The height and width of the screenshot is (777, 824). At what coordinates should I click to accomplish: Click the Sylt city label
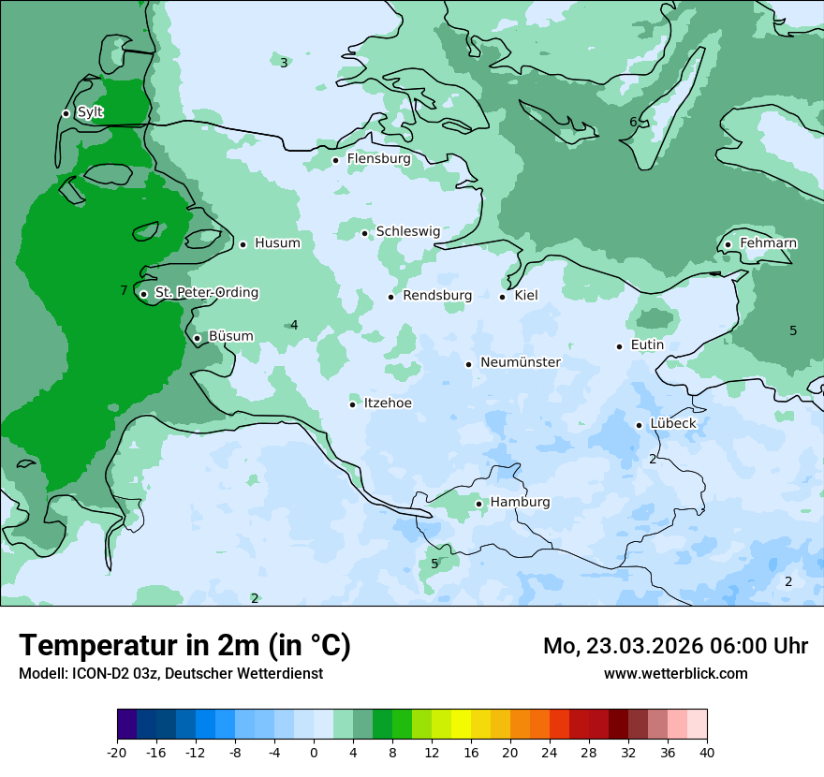[90, 112]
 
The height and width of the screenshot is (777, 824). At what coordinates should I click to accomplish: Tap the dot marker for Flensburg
[335, 160]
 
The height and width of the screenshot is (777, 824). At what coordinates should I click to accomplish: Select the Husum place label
[277, 243]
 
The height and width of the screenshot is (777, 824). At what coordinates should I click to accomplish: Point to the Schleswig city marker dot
[365, 233]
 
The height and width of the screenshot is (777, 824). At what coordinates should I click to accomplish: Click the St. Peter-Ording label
[206, 293]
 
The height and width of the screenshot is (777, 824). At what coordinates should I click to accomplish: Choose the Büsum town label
[230, 337]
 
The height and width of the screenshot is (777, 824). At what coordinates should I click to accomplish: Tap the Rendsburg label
[437, 296]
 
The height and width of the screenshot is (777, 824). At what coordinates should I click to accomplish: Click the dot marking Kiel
[503, 297]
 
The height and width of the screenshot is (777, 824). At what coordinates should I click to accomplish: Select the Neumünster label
[520, 362]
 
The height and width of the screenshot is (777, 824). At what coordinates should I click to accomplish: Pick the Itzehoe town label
[388, 403]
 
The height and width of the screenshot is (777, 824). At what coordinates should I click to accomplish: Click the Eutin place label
[647, 345]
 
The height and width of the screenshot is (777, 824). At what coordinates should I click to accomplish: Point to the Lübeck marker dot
[640, 425]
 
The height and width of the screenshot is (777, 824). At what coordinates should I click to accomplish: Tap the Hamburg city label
[520, 503]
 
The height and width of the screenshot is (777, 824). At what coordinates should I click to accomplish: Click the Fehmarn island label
[768, 243]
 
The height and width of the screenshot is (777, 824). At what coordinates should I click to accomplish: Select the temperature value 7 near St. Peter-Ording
[124, 291]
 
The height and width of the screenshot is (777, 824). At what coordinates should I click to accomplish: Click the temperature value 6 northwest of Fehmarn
[633, 122]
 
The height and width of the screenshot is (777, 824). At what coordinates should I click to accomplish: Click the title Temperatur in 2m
[184, 645]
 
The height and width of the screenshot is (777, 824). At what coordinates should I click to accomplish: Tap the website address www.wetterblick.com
[675, 673]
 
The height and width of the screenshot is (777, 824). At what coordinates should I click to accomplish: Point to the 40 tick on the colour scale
[706, 752]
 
